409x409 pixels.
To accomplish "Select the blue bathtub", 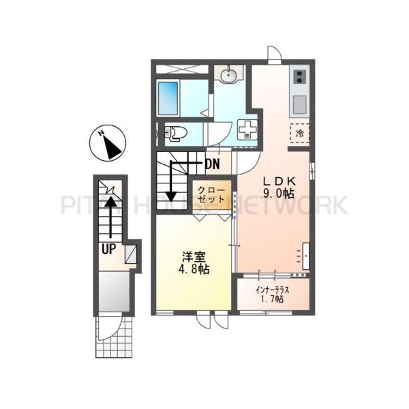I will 168,97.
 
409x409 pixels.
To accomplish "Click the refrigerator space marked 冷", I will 300,134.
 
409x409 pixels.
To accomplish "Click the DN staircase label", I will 212,164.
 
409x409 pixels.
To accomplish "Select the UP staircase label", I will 108,249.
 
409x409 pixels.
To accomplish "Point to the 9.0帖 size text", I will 279,194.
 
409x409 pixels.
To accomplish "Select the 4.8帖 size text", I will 193,270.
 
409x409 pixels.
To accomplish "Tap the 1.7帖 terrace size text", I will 273,301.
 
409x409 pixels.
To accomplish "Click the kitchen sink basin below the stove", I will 300,104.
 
